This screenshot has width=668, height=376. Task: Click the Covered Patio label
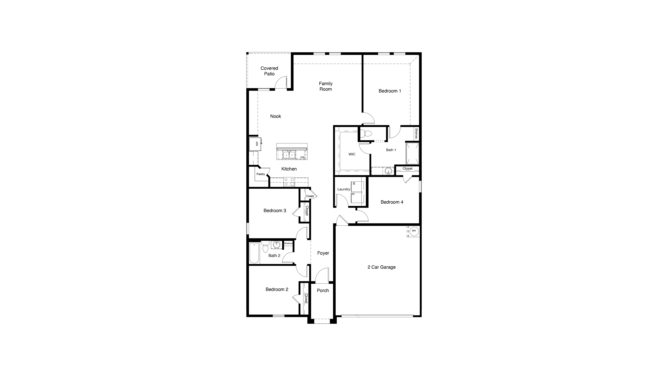[x=269, y=71]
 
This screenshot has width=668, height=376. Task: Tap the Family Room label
[x=326, y=86]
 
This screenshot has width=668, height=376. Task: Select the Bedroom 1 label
[x=390, y=91]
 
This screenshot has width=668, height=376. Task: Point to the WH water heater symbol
[x=414, y=231]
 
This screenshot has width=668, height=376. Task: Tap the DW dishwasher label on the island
[x=302, y=157]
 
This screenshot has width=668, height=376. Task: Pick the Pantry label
[x=261, y=174]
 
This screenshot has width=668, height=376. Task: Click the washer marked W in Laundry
[x=357, y=186]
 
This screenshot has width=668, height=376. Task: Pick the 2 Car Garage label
[x=381, y=267]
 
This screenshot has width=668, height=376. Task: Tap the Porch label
[x=323, y=290]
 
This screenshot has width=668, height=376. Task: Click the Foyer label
[x=323, y=253]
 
